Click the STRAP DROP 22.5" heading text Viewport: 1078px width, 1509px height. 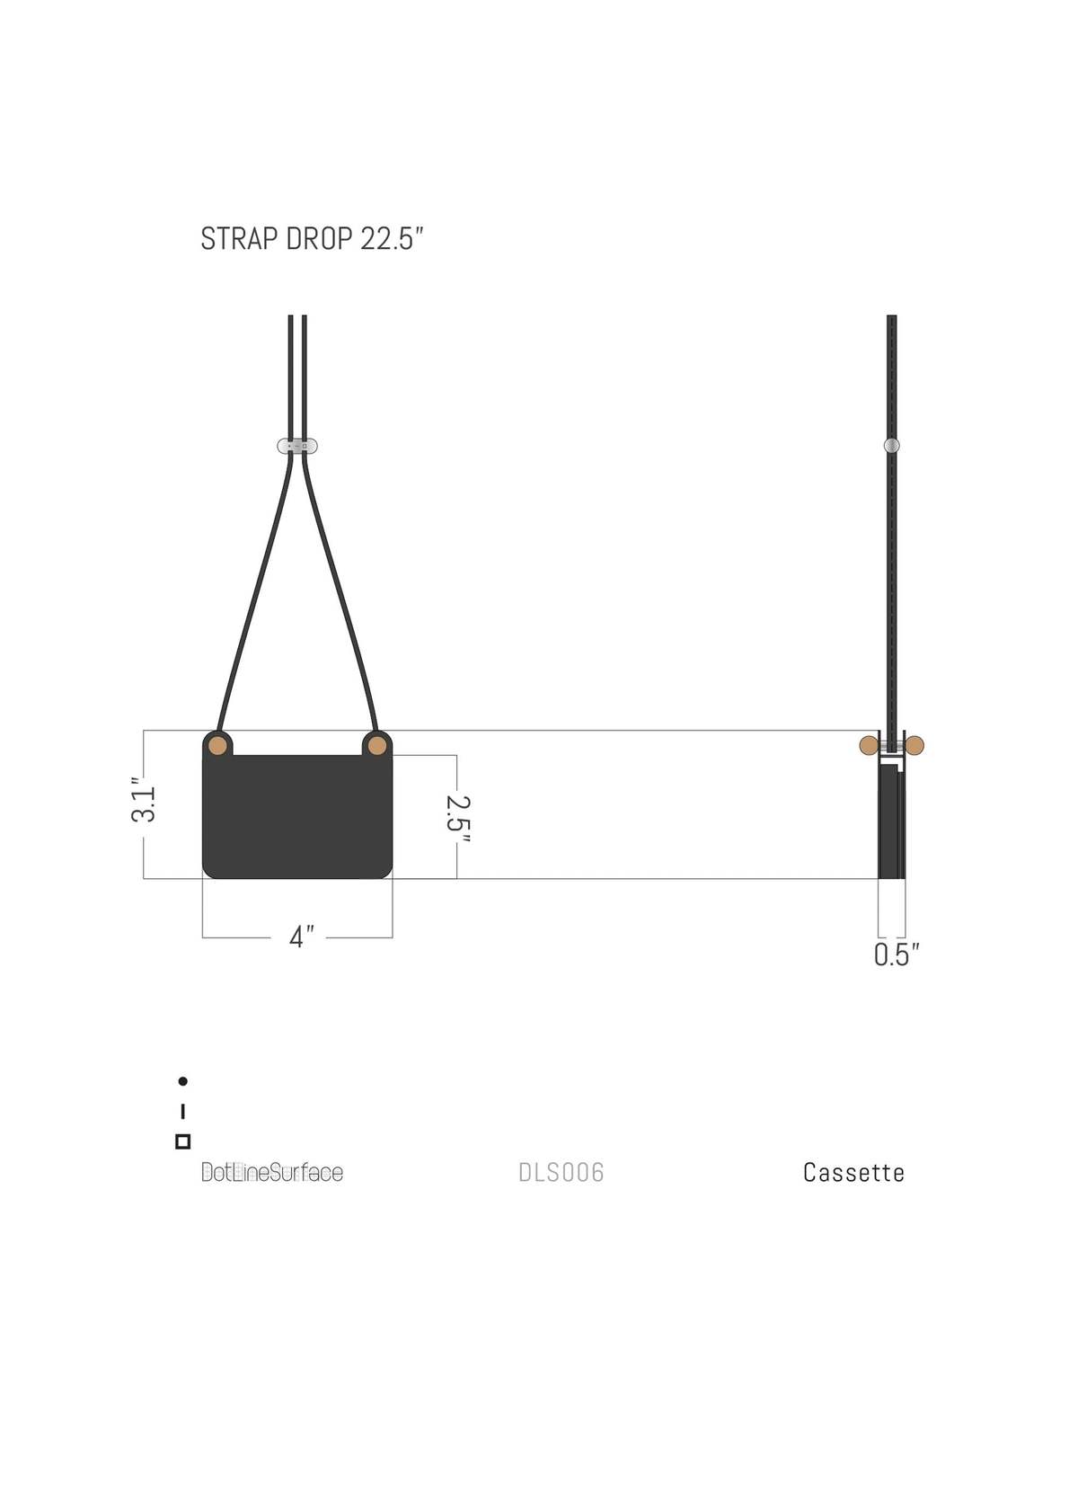coord(312,238)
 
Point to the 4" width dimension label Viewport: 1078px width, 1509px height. coord(302,936)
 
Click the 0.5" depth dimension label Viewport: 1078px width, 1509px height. coord(897,954)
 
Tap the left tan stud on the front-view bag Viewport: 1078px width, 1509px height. coord(217,746)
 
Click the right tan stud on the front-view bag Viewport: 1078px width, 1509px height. coord(377,746)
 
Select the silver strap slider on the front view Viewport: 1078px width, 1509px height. coord(297,446)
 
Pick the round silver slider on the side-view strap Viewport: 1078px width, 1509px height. coord(891,445)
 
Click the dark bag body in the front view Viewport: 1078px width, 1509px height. coord(297,815)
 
